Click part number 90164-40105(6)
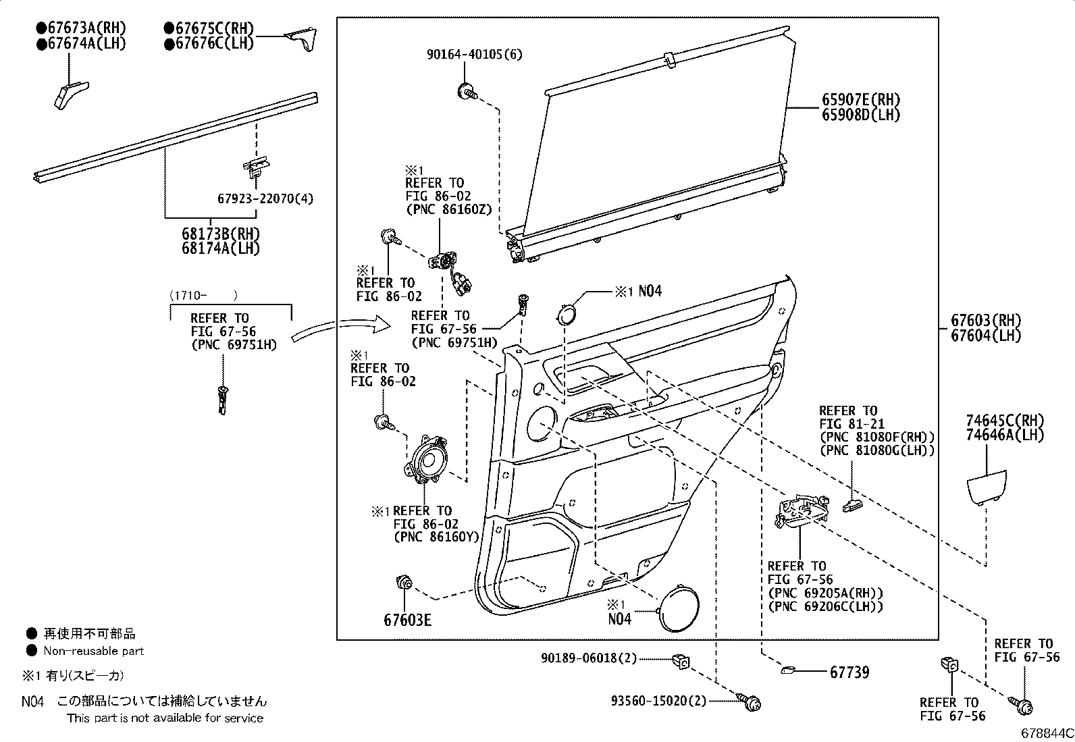click(x=474, y=54)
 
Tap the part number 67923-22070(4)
click(x=265, y=198)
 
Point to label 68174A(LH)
click(x=220, y=248)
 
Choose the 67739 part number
click(x=849, y=672)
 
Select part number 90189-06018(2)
click(x=589, y=658)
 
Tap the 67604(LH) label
click(x=986, y=336)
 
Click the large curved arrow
click(x=341, y=328)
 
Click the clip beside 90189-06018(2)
click(x=681, y=662)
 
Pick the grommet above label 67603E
click(x=404, y=581)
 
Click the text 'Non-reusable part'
click(x=94, y=652)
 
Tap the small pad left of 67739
click(x=789, y=670)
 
